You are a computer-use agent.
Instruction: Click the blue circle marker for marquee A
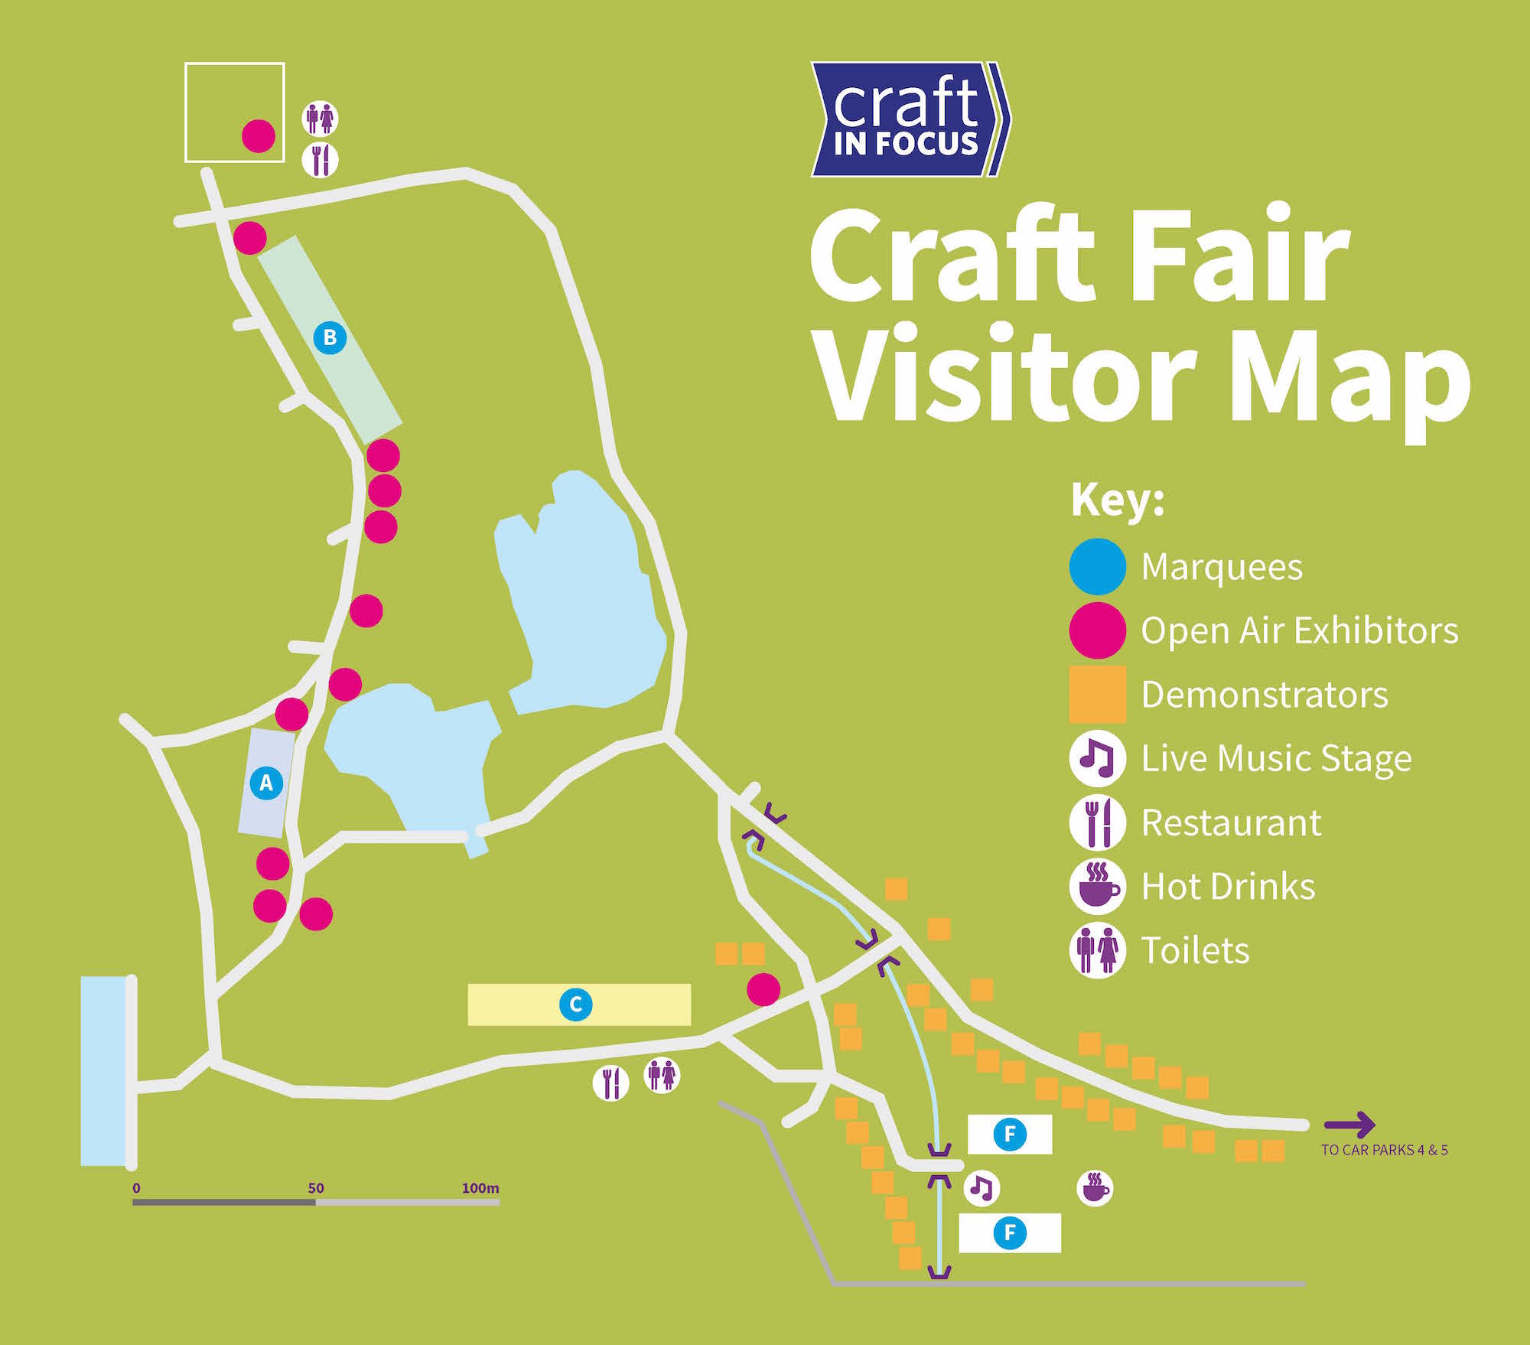click(266, 783)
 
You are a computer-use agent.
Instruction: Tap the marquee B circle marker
click(330, 337)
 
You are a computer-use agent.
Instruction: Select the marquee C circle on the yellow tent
click(576, 1004)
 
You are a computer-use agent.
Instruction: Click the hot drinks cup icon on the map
click(1095, 1188)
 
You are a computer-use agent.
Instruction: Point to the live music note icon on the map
click(981, 1187)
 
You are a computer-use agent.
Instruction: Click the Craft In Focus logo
click(909, 119)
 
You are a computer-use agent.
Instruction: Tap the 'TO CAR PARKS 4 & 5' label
click(1384, 1150)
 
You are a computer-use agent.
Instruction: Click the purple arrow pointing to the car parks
click(1349, 1124)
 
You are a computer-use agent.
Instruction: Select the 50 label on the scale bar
click(316, 1188)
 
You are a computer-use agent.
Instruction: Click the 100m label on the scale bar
click(480, 1188)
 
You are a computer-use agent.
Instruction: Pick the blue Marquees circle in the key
click(1097, 567)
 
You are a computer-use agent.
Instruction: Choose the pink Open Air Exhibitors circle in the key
click(1097, 630)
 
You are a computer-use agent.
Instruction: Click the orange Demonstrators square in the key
click(1097, 695)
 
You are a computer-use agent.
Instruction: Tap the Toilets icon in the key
click(1097, 950)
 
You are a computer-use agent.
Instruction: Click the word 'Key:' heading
click(1117, 501)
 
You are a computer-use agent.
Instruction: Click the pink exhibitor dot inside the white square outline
click(259, 136)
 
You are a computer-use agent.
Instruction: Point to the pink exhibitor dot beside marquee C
click(763, 989)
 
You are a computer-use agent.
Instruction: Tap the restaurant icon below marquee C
click(610, 1083)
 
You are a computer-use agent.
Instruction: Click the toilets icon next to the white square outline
click(320, 119)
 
